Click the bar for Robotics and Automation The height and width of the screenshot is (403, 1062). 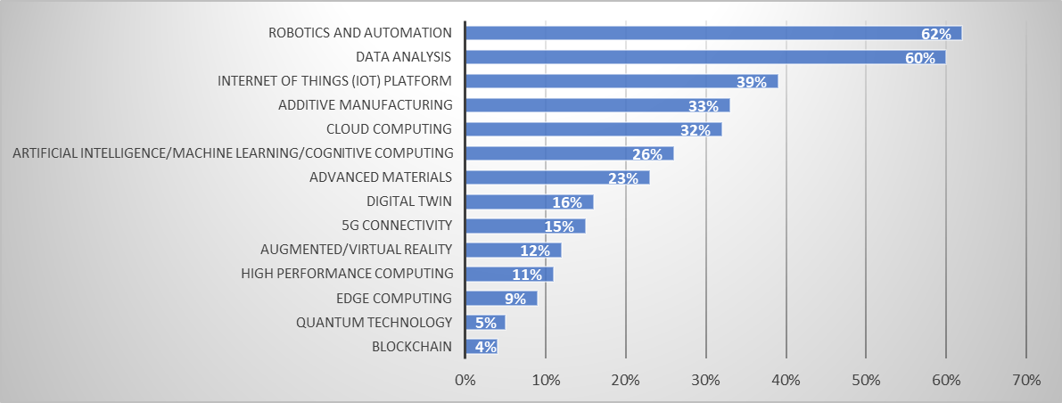(x=713, y=33)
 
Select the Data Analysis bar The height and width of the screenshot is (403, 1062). (x=704, y=57)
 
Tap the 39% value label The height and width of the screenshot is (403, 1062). (x=752, y=82)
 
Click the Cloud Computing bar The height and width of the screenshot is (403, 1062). (x=593, y=129)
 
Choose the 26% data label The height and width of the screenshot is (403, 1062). (x=647, y=154)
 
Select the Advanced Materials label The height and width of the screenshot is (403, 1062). (x=381, y=177)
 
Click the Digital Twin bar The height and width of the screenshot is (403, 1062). (x=529, y=201)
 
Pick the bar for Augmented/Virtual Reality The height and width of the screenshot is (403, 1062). (x=513, y=250)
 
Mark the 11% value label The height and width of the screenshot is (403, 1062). (x=527, y=275)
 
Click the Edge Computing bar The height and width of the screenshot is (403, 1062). (x=501, y=298)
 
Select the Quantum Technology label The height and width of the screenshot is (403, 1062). (x=375, y=322)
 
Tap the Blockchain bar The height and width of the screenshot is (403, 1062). (x=482, y=346)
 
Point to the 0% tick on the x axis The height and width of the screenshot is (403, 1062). (x=465, y=381)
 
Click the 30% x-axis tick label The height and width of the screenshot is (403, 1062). (x=705, y=381)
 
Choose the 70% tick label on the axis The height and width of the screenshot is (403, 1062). (x=1026, y=381)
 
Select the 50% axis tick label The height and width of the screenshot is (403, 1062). (x=866, y=381)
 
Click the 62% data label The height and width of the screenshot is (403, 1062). (x=936, y=34)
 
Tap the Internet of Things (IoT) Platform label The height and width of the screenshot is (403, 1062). (x=334, y=81)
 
